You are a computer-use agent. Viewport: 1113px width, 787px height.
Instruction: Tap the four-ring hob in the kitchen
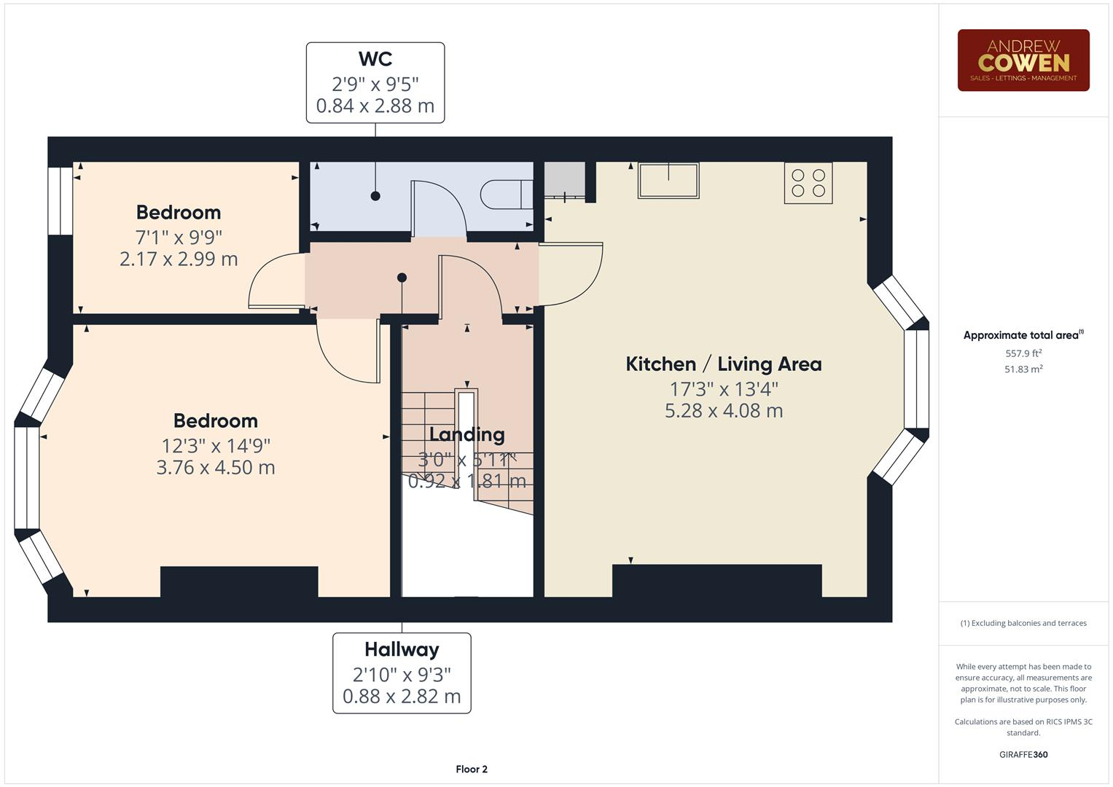click(808, 183)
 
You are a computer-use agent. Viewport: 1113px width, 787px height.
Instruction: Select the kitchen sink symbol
click(668, 180)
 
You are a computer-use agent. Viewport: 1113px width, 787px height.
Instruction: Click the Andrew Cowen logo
click(1023, 60)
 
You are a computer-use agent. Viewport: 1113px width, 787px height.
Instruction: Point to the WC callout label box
click(375, 82)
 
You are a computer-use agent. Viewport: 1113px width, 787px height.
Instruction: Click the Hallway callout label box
click(402, 673)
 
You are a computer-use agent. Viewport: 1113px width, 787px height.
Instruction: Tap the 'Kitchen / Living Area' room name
click(723, 364)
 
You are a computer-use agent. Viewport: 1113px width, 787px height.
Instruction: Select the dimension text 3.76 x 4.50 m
click(216, 467)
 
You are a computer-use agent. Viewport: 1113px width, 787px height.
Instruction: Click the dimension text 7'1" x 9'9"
click(179, 237)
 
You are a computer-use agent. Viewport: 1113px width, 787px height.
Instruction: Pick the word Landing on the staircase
click(466, 435)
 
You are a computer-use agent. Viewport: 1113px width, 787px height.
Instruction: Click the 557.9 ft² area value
click(1023, 353)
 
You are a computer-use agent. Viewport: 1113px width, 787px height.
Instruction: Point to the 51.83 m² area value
click(1023, 369)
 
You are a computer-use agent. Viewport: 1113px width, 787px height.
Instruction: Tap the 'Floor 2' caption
click(472, 770)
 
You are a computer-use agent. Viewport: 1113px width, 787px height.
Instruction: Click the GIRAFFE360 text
click(1023, 754)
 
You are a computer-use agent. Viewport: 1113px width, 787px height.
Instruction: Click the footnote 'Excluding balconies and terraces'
click(1023, 623)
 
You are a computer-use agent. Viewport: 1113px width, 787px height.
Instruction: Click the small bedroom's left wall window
click(60, 201)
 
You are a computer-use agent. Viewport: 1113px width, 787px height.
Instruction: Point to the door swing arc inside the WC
click(440, 208)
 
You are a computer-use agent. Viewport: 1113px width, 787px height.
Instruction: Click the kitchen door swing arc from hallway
click(571, 274)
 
